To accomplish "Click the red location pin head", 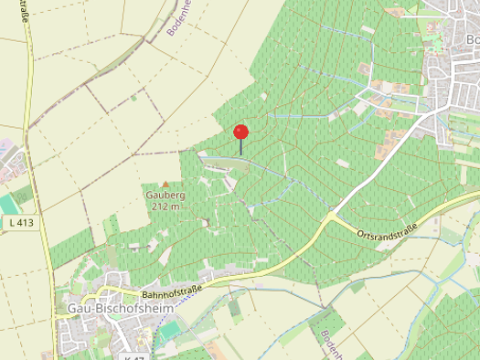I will pyautogui.click(x=241, y=131).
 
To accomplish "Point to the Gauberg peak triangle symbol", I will pyautogui.click(x=165, y=185).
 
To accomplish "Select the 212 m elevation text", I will pyautogui.click(x=165, y=206).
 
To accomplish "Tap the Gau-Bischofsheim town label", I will pyautogui.click(x=121, y=309).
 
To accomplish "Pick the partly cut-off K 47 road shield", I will pyautogui.click(x=133, y=356).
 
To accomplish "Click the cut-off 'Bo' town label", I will pyautogui.click(x=472, y=40).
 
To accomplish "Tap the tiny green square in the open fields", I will pyautogui.click(x=133, y=96).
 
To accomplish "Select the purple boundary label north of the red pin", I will pyautogui.click(x=179, y=18).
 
